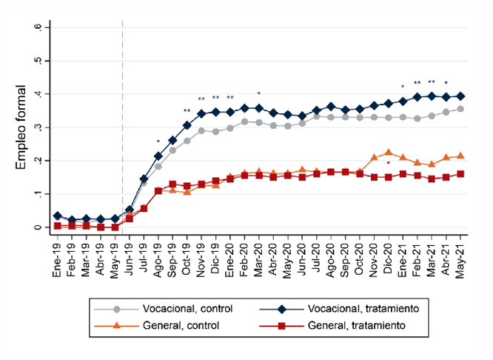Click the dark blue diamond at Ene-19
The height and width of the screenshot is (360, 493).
tap(58, 216)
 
